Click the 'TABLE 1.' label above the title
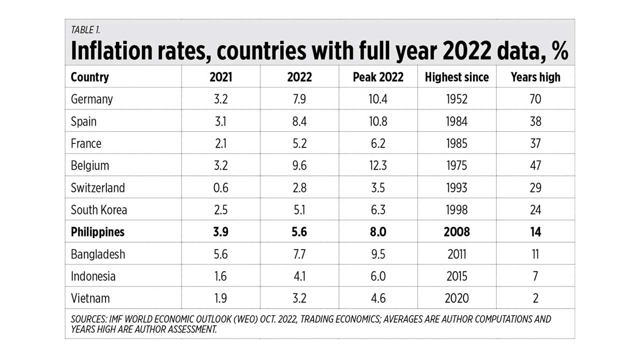(85, 29)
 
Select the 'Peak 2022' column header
(378, 77)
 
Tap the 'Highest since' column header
(456, 77)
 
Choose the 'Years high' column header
(535, 77)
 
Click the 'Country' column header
(89, 77)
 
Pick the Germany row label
(91, 99)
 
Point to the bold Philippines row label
(97, 232)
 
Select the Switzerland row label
(97, 188)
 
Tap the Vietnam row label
(90, 298)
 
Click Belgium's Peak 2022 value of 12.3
(378, 165)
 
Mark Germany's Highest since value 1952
(456, 99)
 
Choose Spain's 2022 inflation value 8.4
(300, 121)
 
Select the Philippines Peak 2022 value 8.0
(378, 232)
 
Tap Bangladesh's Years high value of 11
(535, 254)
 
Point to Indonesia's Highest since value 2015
(456, 276)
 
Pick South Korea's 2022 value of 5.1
(300, 210)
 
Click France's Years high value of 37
(535, 143)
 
